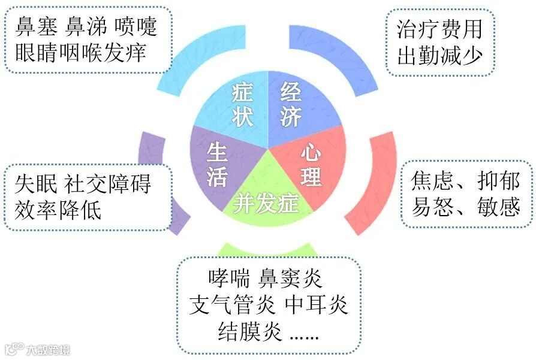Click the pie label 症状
242,104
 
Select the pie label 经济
291,104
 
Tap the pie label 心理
311,164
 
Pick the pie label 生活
216,164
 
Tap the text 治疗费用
439,29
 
